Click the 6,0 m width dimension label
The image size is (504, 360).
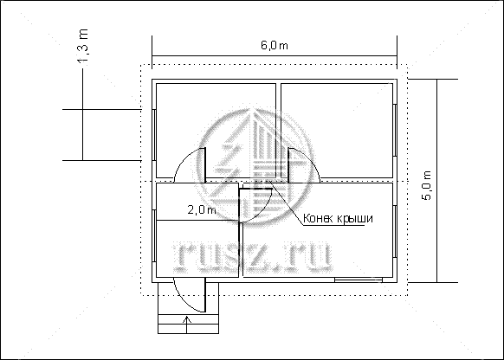pos(275,46)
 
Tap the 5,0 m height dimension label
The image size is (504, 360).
pos(427,185)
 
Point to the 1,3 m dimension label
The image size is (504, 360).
pos(83,46)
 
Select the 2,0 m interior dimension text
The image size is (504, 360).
pos(202,209)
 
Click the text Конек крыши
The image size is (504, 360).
pos(338,218)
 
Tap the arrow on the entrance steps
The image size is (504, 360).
pos(187,325)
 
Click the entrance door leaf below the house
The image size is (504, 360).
pos(204,295)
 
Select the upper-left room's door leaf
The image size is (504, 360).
pos(204,164)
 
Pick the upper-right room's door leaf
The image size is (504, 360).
pos(288,165)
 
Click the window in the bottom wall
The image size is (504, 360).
pos(359,280)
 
